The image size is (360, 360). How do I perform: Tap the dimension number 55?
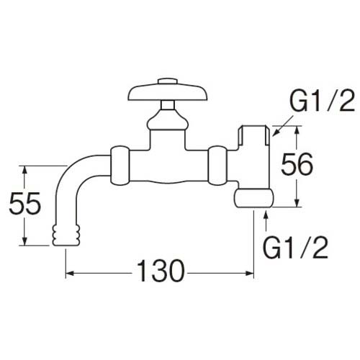tap(27, 207)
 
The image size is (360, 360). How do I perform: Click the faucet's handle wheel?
tap(165, 93)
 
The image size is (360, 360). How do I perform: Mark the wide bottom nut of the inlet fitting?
tap(254, 197)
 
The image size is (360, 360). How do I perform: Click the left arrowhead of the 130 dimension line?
tap(70, 274)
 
